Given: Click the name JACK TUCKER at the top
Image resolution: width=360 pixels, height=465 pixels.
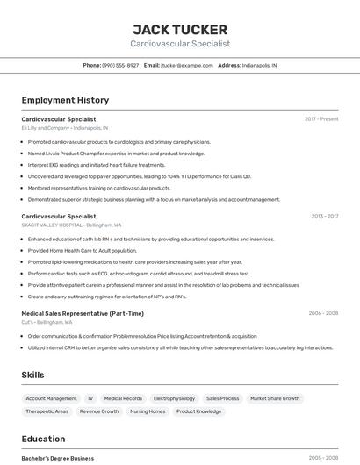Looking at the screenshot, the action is pyautogui.click(x=180, y=30).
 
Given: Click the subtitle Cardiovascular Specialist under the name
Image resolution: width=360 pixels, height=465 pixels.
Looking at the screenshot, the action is pyautogui.click(x=180, y=44).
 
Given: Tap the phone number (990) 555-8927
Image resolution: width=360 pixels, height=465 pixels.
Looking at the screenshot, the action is pyautogui.click(x=120, y=65).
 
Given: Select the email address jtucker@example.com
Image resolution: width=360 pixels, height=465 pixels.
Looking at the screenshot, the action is pyautogui.click(x=187, y=65).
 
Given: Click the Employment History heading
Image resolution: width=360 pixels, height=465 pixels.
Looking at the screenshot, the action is pyautogui.click(x=65, y=100).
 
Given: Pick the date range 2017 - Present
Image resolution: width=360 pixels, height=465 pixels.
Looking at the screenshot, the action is pyautogui.click(x=321, y=118).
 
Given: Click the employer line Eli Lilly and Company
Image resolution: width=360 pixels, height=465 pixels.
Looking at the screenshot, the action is pyautogui.click(x=65, y=128).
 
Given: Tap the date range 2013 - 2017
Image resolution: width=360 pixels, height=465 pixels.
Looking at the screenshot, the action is pyautogui.click(x=324, y=216).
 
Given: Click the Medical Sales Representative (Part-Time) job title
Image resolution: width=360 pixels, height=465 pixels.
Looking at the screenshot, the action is pyautogui.click(x=83, y=313).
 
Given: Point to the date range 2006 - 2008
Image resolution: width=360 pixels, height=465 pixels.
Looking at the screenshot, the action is pyautogui.click(x=323, y=313).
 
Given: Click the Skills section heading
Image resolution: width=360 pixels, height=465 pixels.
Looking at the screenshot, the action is pyautogui.click(x=32, y=375).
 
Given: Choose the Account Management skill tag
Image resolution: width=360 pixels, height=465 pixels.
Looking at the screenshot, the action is pyautogui.click(x=51, y=398).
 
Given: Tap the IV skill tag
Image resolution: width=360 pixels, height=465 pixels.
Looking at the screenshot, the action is pyautogui.click(x=90, y=398).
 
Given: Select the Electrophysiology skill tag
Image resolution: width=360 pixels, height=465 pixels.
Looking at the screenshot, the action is pyautogui.click(x=174, y=398).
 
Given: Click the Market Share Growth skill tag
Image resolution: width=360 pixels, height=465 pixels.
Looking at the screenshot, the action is pyautogui.click(x=275, y=398).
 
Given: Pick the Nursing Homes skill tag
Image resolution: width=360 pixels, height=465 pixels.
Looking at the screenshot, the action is pyautogui.click(x=148, y=411).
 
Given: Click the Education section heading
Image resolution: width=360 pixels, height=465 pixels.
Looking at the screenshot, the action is pyautogui.click(x=43, y=439).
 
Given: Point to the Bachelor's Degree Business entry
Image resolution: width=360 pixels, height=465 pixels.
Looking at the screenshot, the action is pyautogui.click(x=58, y=458).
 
